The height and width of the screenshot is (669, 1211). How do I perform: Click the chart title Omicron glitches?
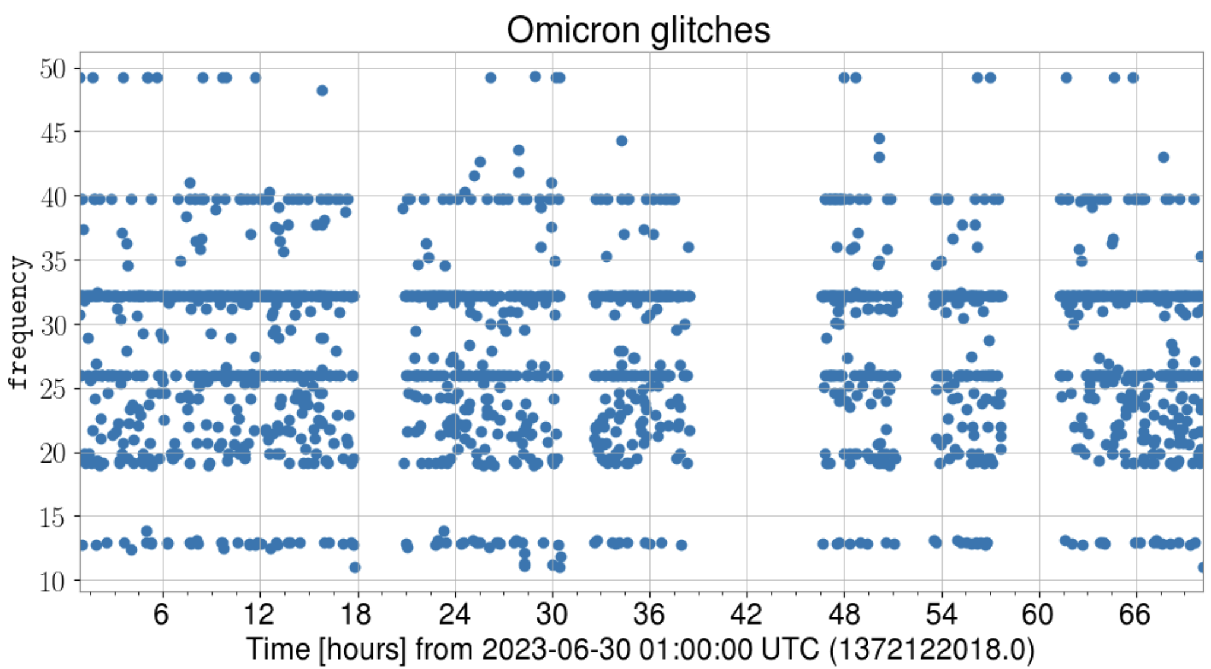pyautogui.click(x=638, y=30)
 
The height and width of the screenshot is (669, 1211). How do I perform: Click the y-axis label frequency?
pyautogui.click(x=19, y=322)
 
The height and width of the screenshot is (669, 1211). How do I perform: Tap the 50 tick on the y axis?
pyautogui.click(x=53, y=69)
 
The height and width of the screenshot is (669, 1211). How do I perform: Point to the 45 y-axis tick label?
pyautogui.click(x=53, y=133)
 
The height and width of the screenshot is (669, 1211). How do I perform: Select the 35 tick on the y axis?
pyautogui.click(x=53, y=261)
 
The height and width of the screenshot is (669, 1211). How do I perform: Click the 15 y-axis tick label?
pyautogui.click(x=53, y=518)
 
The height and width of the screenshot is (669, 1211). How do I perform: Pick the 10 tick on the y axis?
pyautogui.click(x=53, y=582)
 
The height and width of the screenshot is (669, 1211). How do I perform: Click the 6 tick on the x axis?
pyautogui.click(x=161, y=614)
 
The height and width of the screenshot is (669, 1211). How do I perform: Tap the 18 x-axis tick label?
pyautogui.click(x=356, y=614)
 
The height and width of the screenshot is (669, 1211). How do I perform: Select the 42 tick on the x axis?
pyautogui.click(x=746, y=614)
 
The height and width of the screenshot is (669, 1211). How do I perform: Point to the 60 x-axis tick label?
pyautogui.click(x=1038, y=614)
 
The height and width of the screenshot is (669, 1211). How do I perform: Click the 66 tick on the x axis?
pyautogui.click(x=1135, y=614)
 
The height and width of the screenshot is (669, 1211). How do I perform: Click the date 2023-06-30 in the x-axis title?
pyautogui.click(x=556, y=649)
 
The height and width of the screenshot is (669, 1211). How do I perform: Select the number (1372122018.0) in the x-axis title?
pyautogui.click(x=931, y=649)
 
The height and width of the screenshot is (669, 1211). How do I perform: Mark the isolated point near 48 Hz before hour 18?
pyautogui.click(x=322, y=91)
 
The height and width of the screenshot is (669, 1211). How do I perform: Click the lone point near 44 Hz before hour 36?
pyautogui.click(x=622, y=141)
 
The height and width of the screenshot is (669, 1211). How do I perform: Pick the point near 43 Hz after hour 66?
pyautogui.click(x=1164, y=157)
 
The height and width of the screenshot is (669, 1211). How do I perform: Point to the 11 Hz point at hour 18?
pyautogui.click(x=355, y=568)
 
